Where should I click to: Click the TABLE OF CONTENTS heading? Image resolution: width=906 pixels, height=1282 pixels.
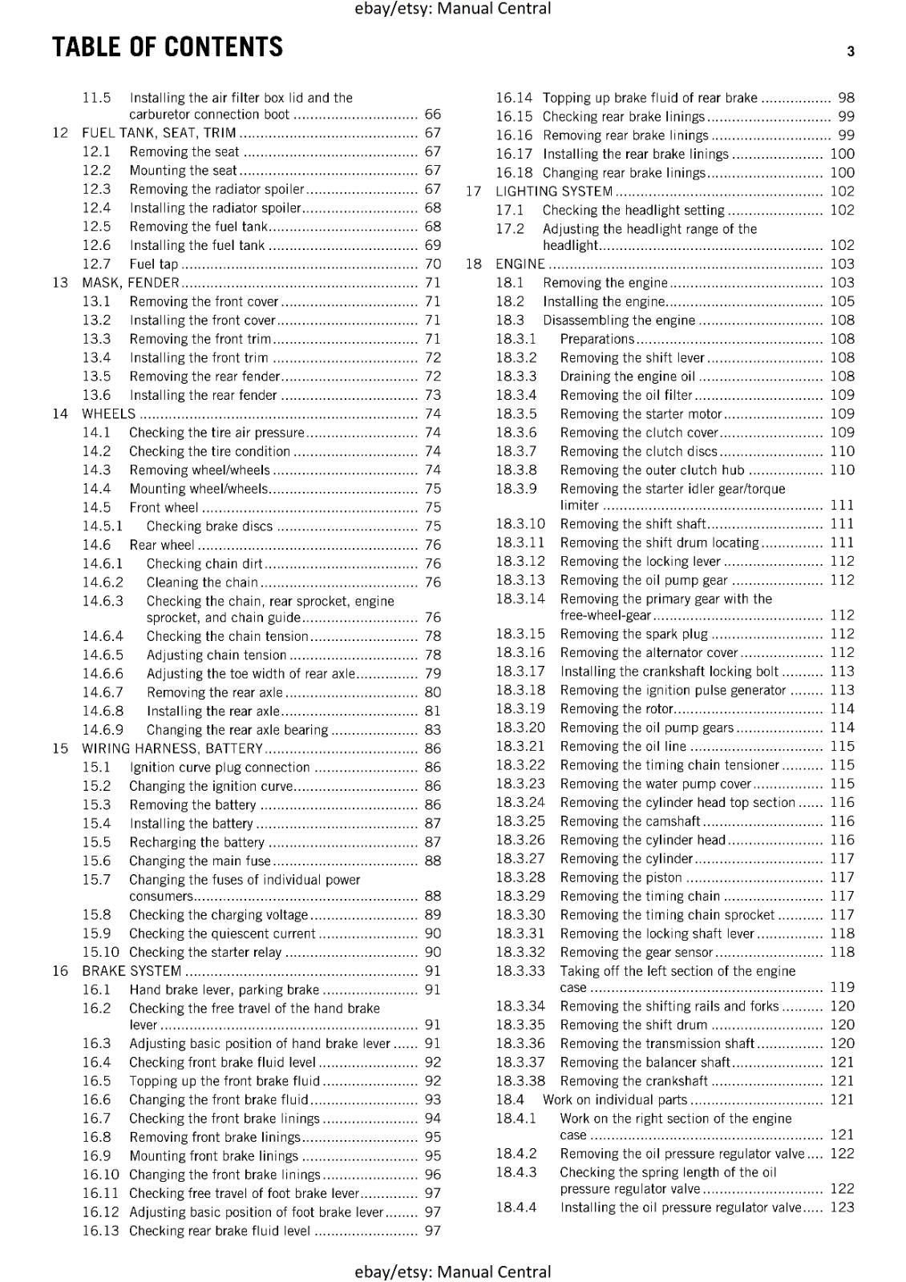coord(167,47)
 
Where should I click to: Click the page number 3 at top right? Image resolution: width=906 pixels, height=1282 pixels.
coord(850,51)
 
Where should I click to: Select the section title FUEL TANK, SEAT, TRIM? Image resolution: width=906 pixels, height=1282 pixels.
coord(159,133)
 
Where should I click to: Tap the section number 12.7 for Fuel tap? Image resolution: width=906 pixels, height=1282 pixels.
coord(96,264)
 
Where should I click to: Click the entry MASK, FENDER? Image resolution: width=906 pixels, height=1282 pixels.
coord(131,282)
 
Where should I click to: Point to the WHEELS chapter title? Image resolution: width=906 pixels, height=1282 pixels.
coord(109,413)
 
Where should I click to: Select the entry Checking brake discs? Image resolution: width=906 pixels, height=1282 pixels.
coord(209,526)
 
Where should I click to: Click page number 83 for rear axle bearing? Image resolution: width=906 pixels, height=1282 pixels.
coord(432,730)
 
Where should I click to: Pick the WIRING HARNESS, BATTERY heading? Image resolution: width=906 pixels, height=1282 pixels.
coord(172,748)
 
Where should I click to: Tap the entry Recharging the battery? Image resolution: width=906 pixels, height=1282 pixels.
coord(196,842)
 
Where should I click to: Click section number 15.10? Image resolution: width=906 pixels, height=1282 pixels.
coord(100,952)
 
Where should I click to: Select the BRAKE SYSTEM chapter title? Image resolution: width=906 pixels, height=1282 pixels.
coord(131,971)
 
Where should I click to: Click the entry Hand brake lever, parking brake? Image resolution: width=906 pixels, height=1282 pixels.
coord(224,990)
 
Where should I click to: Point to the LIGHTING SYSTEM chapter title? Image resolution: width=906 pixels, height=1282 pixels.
coord(554,191)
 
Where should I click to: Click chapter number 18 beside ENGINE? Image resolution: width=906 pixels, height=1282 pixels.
coord(473,264)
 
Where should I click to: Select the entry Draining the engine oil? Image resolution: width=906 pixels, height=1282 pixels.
coord(628,377)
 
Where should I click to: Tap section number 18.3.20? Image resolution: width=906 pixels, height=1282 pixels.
coord(520,728)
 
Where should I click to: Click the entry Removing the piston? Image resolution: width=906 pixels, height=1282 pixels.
coord(621,877)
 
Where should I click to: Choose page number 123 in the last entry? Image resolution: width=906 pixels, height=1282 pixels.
coord(842,1207)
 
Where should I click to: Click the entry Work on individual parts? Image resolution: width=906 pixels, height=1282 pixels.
coord(615,1100)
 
